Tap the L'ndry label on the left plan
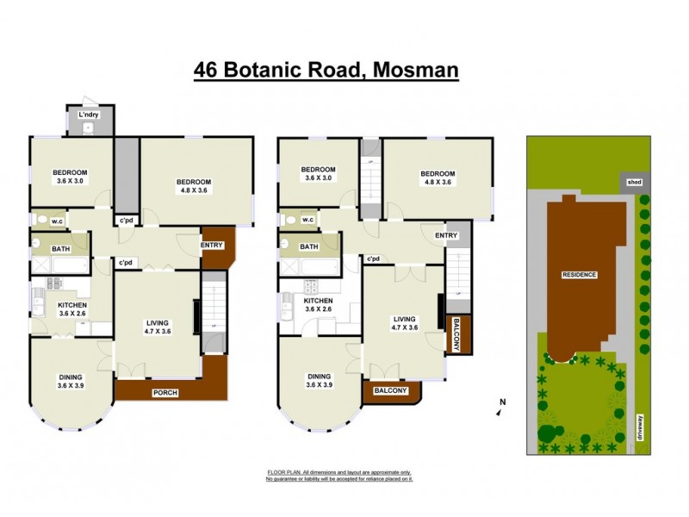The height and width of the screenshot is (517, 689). (x=88, y=115)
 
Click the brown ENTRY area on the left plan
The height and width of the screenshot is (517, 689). (x=213, y=245)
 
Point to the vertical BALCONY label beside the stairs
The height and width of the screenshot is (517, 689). (x=456, y=333)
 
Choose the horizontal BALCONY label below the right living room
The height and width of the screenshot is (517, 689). (x=390, y=390)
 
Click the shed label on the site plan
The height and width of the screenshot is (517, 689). (x=635, y=182)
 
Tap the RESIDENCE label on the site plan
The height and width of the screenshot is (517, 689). (x=579, y=274)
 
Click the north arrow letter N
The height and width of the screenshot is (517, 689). (x=502, y=402)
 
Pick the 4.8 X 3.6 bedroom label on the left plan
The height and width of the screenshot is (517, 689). (x=194, y=186)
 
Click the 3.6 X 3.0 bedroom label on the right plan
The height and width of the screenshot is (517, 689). (x=318, y=174)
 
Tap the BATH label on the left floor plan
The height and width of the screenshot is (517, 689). (x=60, y=249)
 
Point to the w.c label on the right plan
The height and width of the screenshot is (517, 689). (x=309, y=220)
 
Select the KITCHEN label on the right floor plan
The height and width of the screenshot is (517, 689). (x=318, y=305)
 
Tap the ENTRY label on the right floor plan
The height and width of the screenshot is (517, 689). (x=445, y=235)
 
